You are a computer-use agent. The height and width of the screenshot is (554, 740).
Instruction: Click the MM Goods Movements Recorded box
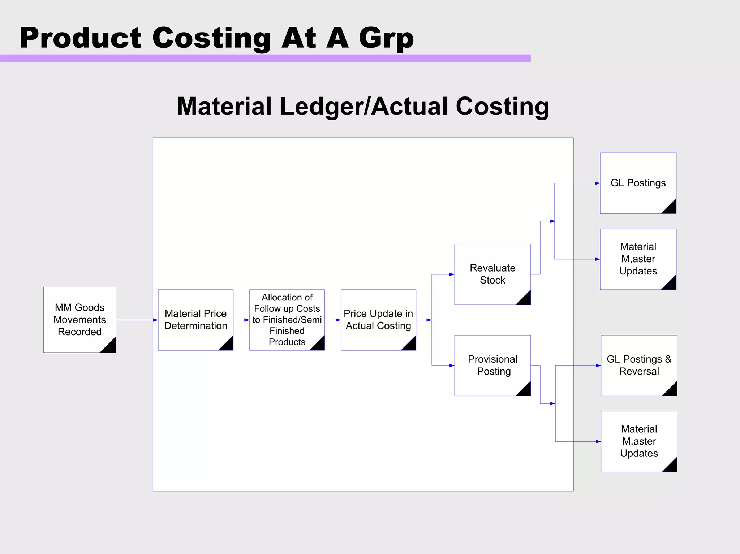79,320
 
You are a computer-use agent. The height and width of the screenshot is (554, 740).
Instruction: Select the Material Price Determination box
195,320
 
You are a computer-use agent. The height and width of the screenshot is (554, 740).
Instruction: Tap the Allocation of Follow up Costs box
287,320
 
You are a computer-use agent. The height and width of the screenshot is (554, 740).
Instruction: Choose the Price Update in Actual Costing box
378,320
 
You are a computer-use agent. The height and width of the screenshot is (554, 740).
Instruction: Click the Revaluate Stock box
492,274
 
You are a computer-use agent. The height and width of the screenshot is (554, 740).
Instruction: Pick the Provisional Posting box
492,365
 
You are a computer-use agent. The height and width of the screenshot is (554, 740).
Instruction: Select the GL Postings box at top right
638,183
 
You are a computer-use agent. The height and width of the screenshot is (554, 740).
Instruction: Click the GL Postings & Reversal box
639,365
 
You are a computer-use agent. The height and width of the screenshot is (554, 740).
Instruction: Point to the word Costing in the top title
212,38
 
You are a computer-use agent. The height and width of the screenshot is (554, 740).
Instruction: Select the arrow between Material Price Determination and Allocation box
241,320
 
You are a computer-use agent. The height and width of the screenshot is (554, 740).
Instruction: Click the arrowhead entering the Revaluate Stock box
452,274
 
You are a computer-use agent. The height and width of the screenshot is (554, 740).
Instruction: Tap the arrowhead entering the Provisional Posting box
452,365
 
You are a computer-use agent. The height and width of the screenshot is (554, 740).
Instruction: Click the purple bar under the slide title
265,59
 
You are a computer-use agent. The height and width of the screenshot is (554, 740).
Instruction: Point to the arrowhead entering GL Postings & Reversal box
598,365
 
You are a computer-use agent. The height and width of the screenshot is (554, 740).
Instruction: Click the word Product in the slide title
81,38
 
